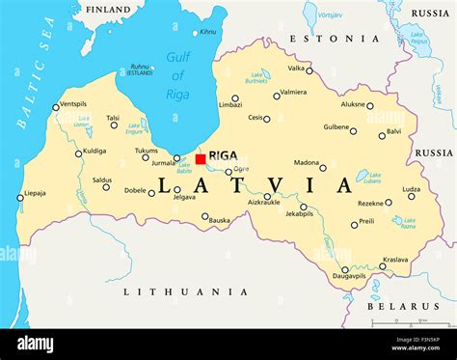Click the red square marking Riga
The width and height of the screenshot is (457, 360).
(201, 159)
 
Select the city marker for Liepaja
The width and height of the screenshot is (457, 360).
(20, 198)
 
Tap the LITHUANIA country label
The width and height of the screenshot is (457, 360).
(186, 291)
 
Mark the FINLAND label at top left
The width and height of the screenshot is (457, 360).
(108, 10)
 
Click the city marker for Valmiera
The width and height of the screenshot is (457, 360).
(276, 97)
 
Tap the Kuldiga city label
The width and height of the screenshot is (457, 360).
(94, 151)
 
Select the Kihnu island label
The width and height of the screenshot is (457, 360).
(207, 32)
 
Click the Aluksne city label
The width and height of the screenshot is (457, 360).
(353, 103)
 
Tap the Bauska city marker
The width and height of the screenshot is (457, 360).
(205, 216)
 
